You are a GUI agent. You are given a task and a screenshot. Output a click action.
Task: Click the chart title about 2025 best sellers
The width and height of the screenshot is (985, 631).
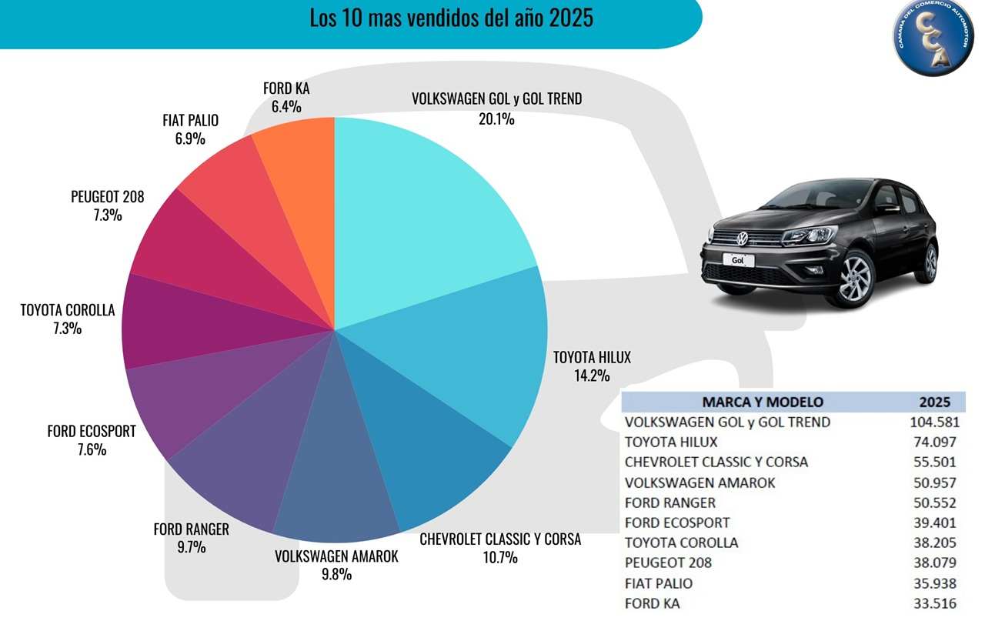[x=451, y=18]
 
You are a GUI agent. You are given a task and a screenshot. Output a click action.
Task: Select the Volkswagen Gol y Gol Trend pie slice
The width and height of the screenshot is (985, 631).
[x=431, y=208]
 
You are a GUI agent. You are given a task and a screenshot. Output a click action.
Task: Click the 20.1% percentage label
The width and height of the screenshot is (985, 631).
[x=496, y=119]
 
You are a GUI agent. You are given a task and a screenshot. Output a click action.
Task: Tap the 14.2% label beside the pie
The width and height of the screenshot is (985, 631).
[x=591, y=376]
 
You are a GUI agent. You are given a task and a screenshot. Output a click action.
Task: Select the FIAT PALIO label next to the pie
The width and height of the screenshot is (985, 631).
[x=190, y=121]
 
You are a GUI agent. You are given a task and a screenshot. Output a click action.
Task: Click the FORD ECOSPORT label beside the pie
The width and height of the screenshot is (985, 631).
[x=91, y=432]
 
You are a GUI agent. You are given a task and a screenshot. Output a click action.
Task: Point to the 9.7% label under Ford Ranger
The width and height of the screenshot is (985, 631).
[x=191, y=547]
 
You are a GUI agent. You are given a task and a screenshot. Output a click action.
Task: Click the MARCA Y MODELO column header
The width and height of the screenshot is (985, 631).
[x=763, y=402]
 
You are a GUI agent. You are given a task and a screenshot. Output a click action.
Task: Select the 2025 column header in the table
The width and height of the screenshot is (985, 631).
[x=934, y=402]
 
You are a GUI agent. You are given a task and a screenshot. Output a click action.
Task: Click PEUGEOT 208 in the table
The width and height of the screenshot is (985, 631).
[x=668, y=563]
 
